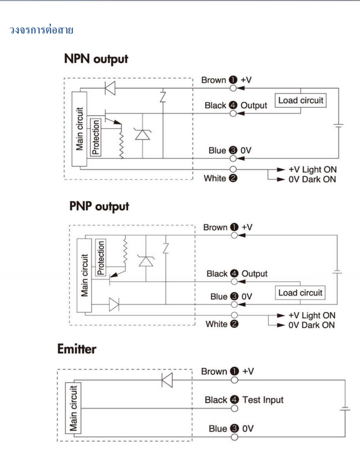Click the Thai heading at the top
click(41, 30)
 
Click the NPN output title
click(96, 59)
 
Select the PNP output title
click(99, 206)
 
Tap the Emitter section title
click(77, 349)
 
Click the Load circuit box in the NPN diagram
click(301, 100)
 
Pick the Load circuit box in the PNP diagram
click(300, 293)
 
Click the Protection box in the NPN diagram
click(96, 137)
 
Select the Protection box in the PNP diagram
click(101, 257)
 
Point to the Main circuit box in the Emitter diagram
click(73, 408)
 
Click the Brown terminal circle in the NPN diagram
click(233, 88)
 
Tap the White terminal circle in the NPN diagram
click(233, 169)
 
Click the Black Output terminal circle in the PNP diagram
click(234, 281)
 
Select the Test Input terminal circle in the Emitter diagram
click(234, 408)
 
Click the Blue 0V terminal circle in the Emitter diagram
click(234, 437)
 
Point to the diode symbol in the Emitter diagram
click(167, 380)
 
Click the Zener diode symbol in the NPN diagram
click(142, 134)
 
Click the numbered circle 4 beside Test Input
click(234, 399)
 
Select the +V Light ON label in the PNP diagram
click(312, 315)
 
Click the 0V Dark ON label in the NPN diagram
click(312, 179)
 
